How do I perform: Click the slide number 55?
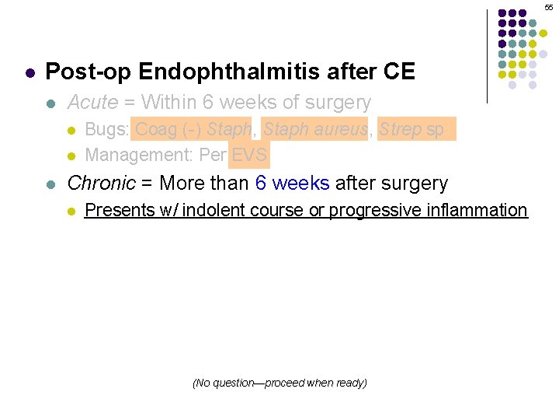click(549, 6)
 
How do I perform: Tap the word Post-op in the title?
click(89, 72)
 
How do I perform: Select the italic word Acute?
click(92, 103)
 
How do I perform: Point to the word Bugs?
click(104, 130)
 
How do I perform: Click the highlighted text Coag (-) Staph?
click(193, 130)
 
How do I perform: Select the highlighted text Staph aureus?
click(314, 130)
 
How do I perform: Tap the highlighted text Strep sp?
click(412, 130)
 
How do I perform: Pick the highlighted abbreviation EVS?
click(249, 155)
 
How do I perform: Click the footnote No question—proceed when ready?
click(279, 383)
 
